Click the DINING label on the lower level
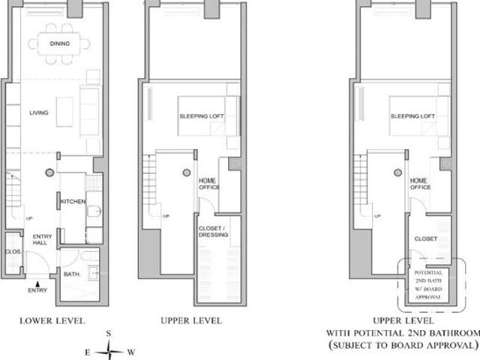click(60, 43)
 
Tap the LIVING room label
click(39, 112)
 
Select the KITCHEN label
click(73, 202)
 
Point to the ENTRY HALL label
click(42, 239)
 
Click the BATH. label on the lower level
click(72, 274)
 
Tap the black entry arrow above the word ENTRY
click(37, 284)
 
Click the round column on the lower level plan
click(49, 172)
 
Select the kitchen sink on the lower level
click(94, 211)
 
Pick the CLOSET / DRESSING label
click(213, 232)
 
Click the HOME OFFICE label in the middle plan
click(209, 184)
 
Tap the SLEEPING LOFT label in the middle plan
click(202, 116)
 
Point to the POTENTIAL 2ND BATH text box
click(428, 285)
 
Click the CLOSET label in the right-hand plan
click(426, 238)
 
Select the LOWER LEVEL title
click(52, 321)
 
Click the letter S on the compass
click(109, 333)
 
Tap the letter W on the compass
click(131, 352)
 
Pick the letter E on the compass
click(88, 352)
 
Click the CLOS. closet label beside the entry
click(13, 252)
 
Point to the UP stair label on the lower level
click(29, 218)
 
